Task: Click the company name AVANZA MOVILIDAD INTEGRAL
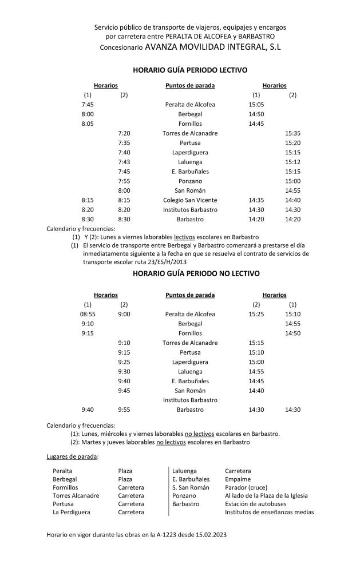point(212,46)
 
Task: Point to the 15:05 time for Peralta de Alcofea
point(256,105)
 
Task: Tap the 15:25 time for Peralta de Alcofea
point(256,314)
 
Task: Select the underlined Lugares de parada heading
point(72,456)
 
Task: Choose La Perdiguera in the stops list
point(71,512)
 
